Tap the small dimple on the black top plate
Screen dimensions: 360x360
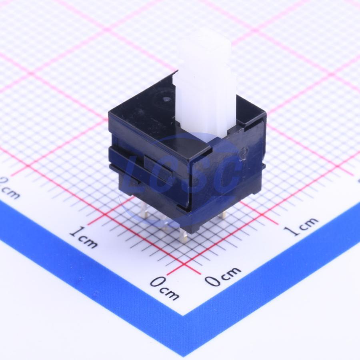[x=167, y=100]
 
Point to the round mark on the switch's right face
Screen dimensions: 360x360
[x=244, y=152]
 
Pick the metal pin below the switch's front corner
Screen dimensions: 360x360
[x=184, y=234]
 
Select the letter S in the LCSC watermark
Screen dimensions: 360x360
[x=198, y=174]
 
